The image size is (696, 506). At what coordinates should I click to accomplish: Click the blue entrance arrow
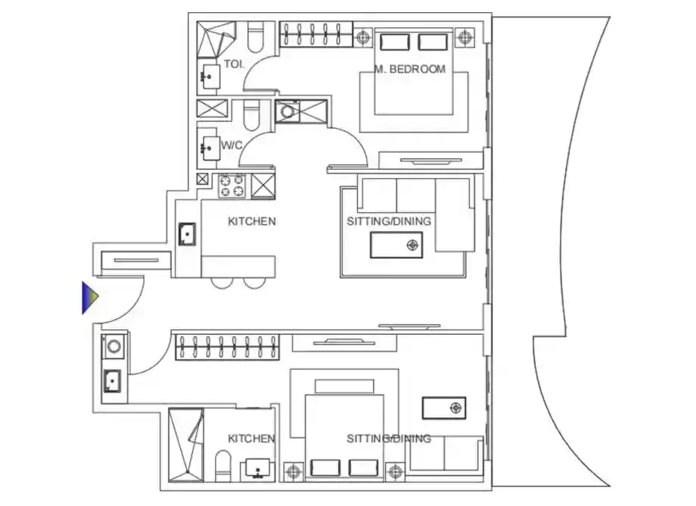[90, 297]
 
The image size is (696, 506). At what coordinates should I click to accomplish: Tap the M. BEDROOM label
[410, 69]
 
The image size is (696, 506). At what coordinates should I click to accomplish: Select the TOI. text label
[234, 64]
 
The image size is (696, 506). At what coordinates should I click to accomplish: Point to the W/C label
[231, 145]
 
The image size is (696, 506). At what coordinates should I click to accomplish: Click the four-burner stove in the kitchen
[232, 186]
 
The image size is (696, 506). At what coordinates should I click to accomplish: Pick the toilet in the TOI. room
[255, 38]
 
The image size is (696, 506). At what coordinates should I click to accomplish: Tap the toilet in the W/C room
[251, 115]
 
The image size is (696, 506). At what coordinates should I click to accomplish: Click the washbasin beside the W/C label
[210, 148]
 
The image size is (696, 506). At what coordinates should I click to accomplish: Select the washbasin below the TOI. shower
[210, 77]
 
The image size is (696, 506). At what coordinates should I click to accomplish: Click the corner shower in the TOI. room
[216, 39]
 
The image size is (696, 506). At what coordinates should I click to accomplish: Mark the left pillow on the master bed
[395, 42]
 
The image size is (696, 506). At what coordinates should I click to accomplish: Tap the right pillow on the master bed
[433, 42]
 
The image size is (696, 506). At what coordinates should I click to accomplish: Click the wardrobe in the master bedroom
[316, 35]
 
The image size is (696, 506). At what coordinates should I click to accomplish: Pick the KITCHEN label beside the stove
[252, 221]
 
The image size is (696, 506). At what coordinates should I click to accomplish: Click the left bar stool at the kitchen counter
[222, 283]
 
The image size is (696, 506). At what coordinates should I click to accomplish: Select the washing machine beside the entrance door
[113, 346]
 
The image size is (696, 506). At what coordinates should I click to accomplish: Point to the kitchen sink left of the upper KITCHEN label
[187, 234]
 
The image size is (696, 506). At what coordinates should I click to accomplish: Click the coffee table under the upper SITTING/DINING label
[396, 245]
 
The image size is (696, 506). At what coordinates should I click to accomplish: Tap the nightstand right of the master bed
[465, 37]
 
